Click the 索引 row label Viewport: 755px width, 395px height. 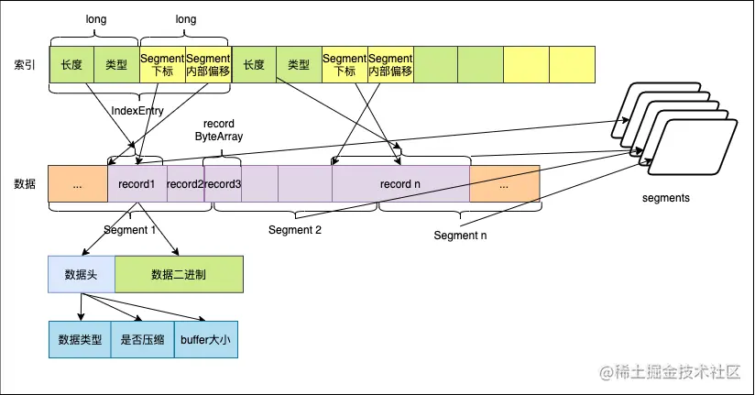pyautogui.click(x=24, y=65)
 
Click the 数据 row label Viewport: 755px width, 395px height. pyautogui.click(x=24, y=183)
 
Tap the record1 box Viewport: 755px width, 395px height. pyautogui.click(x=137, y=183)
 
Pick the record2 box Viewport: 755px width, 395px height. pyautogui.click(x=186, y=183)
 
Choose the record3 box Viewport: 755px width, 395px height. pyautogui.click(x=222, y=183)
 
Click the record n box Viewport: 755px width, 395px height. pyautogui.click(x=400, y=183)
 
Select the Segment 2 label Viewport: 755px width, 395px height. pyautogui.click(x=295, y=229)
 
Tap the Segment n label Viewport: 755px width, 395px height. pyautogui.click(x=460, y=236)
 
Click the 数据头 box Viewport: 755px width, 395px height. pyautogui.click(x=81, y=274)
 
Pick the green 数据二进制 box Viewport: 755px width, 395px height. pyautogui.click(x=178, y=274)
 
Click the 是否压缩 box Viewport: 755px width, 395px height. pyautogui.click(x=142, y=338)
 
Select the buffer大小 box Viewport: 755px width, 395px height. pyautogui.click(x=205, y=338)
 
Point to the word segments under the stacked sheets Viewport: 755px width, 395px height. pyautogui.click(x=665, y=197)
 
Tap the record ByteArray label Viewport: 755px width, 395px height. pyautogui.click(x=220, y=129)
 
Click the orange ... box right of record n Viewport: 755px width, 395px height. pyautogui.click(x=506, y=183)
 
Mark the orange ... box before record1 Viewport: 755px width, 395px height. pyautogui.click(x=77, y=183)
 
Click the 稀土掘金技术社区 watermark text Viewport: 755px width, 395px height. pyautogui.click(x=681, y=373)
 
